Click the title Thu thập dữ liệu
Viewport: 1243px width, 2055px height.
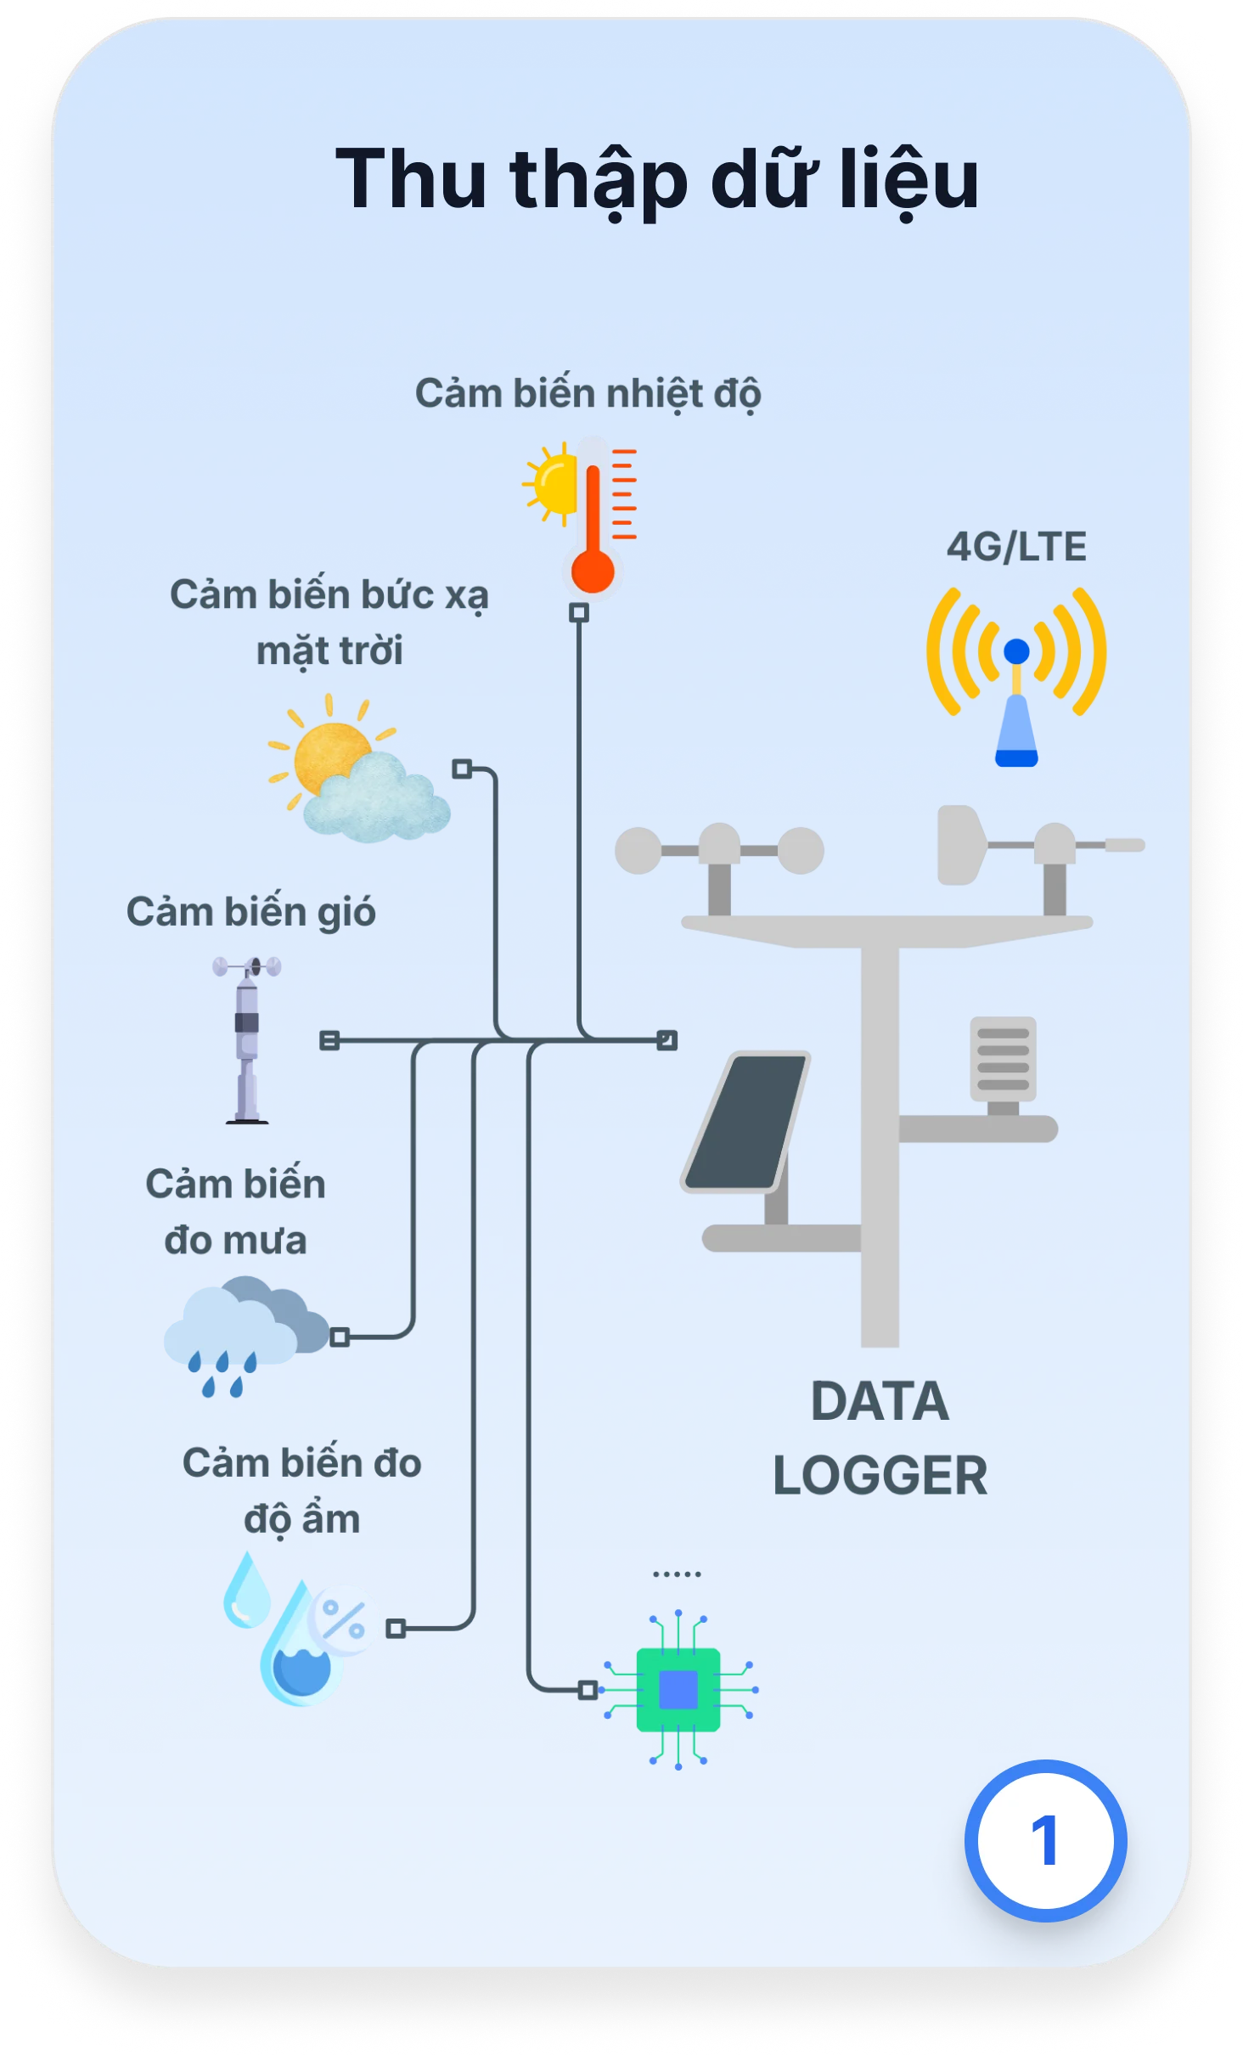[656, 180]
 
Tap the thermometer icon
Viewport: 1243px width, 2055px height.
[593, 518]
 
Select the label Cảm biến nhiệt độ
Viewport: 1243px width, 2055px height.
[588, 394]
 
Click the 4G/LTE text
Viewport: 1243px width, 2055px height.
[1016, 547]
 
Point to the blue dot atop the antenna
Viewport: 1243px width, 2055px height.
[1016, 651]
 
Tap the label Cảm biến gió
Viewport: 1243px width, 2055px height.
[251, 912]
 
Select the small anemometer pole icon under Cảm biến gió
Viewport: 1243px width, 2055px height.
[247, 1039]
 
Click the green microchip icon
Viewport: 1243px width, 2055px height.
[678, 1689]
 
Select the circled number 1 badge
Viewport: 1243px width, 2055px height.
[1045, 1840]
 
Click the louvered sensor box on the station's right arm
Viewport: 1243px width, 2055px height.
[1003, 1059]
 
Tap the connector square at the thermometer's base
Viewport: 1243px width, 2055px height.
[579, 612]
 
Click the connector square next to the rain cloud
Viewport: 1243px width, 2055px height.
[340, 1337]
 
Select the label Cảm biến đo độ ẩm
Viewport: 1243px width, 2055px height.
[302, 1490]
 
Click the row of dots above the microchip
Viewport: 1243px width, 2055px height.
[677, 1574]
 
